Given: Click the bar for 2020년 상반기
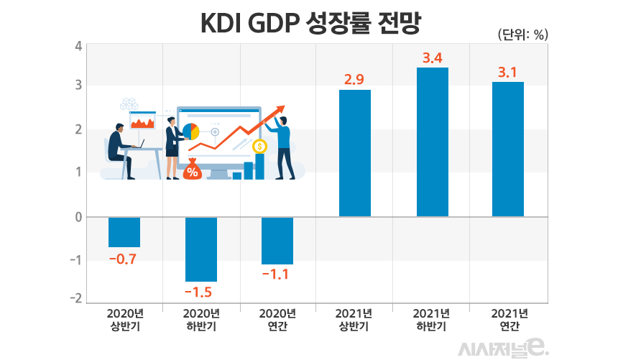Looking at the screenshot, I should [124, 231].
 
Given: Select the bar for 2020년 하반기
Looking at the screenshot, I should [201, 249].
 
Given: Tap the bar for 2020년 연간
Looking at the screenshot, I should [277, 240].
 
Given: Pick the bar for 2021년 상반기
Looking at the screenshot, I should [355, 153].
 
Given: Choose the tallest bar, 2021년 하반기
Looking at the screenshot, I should [433, 142].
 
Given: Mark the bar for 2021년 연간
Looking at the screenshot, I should [508, 149].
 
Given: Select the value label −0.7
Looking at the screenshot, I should [122, 259].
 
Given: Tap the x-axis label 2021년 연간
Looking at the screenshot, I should [509, 320].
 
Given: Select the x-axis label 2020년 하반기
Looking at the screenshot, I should [201, 320].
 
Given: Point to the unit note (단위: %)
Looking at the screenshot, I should [522, 34].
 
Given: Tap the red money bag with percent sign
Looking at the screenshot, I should [192, 170].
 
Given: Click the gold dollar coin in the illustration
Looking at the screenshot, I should [260, 147].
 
